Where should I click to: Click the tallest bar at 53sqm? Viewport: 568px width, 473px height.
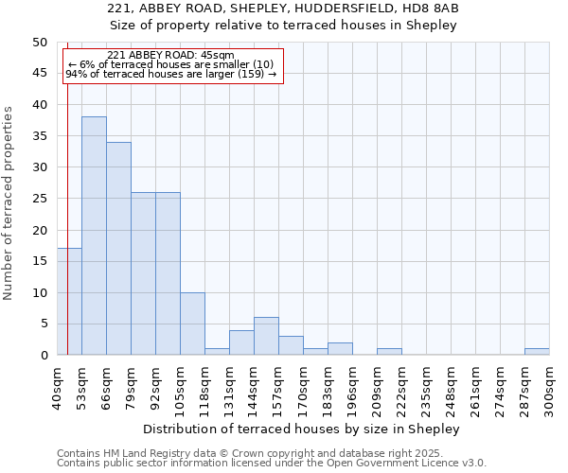[94, 236]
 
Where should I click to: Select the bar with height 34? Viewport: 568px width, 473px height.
[118, 249]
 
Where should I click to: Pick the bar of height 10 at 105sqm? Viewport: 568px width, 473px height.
[192, 324]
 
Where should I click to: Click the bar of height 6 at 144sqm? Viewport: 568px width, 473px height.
[266, 337]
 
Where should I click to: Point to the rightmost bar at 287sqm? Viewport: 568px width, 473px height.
[537, 352]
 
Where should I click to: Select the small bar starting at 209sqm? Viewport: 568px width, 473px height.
[389, 352]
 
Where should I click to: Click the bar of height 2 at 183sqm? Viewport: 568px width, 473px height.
[340, 349]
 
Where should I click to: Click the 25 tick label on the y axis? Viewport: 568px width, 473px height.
[39, 199]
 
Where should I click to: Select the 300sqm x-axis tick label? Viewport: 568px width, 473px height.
[550, 388]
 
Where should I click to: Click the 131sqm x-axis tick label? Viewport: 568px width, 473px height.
[230, 388]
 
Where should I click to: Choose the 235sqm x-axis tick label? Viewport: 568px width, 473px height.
[427, 388]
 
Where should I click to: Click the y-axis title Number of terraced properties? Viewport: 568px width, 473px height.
[9, 202]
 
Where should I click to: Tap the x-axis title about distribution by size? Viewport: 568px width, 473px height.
[303, 429]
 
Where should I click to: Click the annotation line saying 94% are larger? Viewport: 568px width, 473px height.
[170, 74]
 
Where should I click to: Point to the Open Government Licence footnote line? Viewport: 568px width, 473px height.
[272, 464]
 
